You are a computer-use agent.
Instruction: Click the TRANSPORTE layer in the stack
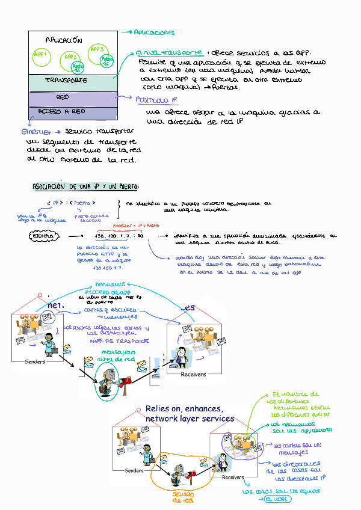click(66, 80)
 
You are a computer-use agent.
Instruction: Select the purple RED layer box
click(63, 97)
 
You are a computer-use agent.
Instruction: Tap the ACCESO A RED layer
click(61, 112)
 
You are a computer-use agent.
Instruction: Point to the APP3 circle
click(97, 52)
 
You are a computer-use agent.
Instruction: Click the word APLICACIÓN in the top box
click(63, 40)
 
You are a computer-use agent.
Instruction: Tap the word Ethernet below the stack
click(36, 131)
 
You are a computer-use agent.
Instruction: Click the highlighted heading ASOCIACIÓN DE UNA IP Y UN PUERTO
click(85, 186)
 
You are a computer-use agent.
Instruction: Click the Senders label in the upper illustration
click(35, 361)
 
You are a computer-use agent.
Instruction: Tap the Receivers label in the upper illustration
click(193, 374)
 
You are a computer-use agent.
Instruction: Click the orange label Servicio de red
click(183, 496)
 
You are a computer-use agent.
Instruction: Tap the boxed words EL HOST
click(277, 499)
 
